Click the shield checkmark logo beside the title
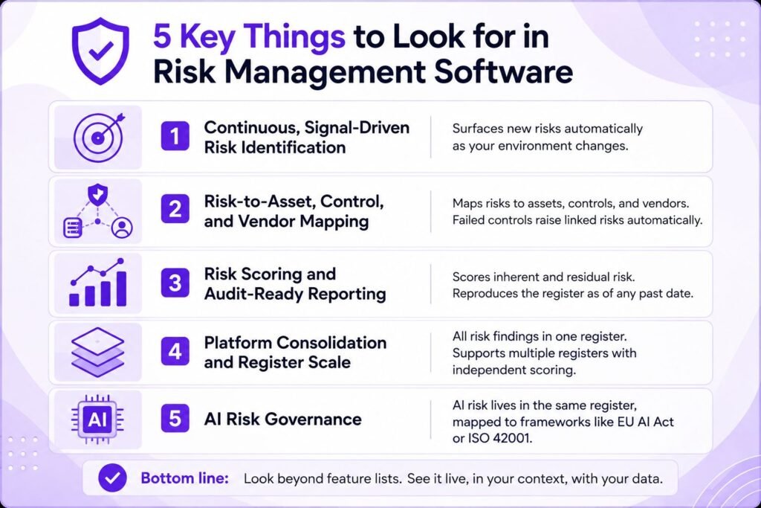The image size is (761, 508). click(x=100, y=51)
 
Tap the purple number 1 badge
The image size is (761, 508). click(x=175, y=136)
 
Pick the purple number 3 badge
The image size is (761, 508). click(x=175, y=283)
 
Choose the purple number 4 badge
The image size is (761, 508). click(x=175, y=351)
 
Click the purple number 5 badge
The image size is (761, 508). click(x=175, y=419)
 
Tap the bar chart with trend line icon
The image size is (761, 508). click(x=98, y=283)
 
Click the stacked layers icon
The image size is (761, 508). click(x=97, y=352)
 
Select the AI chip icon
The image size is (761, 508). click(x=97, y=419)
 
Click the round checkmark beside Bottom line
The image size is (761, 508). click(x=112, y=478)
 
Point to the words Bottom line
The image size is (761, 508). click(x=184, y=478)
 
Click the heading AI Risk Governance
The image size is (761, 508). click(x=282, y=419)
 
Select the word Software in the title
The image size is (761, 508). click(x=503, y=72)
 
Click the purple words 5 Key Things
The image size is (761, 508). click(x=249, y=36)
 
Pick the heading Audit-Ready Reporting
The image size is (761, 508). click(x=295, y=294)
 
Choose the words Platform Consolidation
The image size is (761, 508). click(x=295, y=342)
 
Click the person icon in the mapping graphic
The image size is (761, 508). click(x=121, y=228)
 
